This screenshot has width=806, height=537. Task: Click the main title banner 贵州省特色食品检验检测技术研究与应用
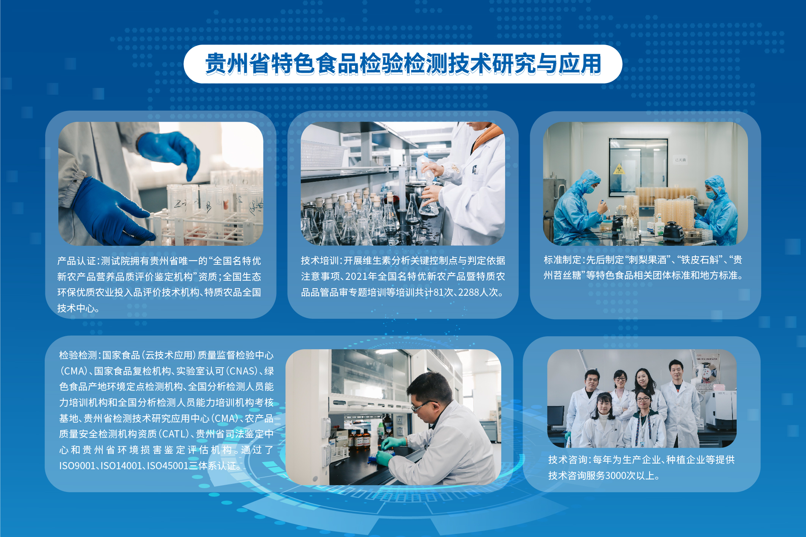pyautogui.click(x=403, y=64)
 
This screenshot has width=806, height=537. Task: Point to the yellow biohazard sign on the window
pyautogui.click(x=618, y=169)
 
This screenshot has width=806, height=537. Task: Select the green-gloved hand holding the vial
pyautogui.click(x=393, y=443)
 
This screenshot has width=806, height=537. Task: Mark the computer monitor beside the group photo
pyautogui.click(x=556, y=416)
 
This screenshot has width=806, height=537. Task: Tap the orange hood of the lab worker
pyautogui.click(x=487, y=137)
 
